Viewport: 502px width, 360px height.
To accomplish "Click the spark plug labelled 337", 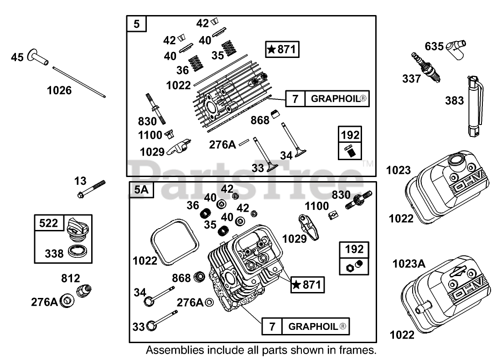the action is (425, 67).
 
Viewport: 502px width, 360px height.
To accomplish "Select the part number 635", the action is (434, 46).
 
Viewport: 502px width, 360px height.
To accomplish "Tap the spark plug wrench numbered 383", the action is (475, 106).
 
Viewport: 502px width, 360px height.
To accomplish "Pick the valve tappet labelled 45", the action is (37, 57).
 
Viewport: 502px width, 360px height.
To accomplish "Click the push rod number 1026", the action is (79, 82).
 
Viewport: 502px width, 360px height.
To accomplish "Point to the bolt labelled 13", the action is (91, 189).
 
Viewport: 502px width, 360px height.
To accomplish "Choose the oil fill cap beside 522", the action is (77, 230).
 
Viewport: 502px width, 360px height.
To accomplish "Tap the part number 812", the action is (70, 278).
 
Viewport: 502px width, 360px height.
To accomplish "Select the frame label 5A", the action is (141, 190).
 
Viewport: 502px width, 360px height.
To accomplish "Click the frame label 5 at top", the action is (137, 24).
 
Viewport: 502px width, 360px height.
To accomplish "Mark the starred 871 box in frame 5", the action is (282, 49).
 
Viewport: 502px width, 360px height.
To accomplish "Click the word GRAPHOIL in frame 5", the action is (336, 99).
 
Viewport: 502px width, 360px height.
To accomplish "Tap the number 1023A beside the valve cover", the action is (409, 264).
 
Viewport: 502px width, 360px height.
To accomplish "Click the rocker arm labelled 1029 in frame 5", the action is (179, 147).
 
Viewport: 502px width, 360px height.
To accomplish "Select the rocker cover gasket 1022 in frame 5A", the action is (174, 242).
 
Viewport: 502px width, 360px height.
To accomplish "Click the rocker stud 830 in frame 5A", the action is (358, 200).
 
